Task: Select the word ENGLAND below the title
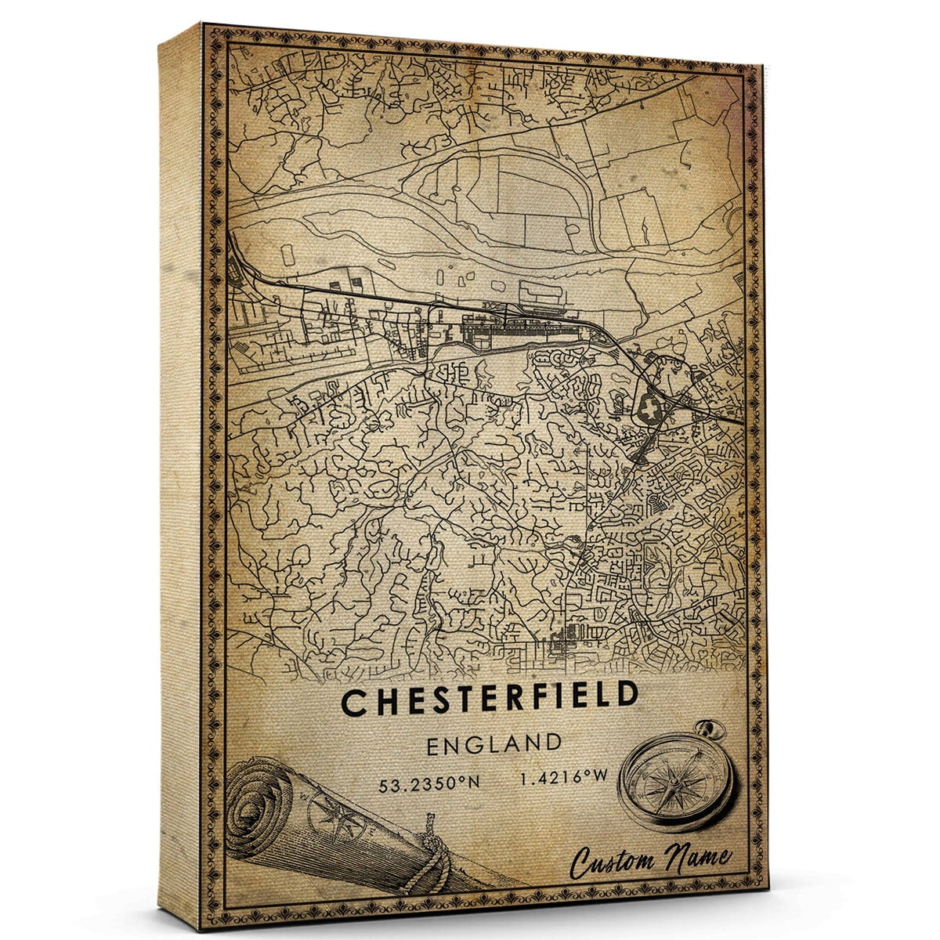tap(494, 743)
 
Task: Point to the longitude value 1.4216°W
tap(562, 778)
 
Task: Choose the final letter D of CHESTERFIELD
tap(624, 696)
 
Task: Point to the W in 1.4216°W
tap(600, 777)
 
